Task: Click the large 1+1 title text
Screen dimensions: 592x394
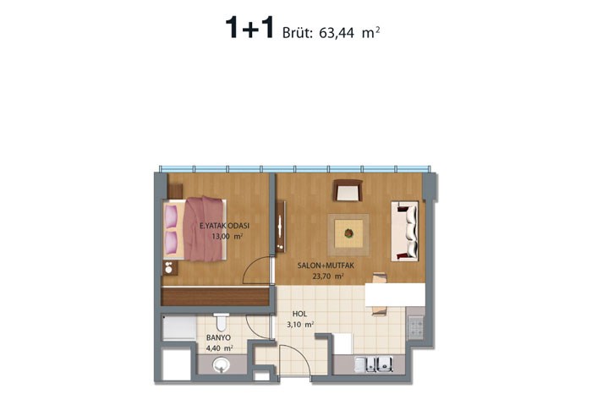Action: pos(249,28)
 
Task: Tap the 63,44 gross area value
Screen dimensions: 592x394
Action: pos(337,33)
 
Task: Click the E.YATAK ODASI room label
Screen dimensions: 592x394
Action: pos(225,226)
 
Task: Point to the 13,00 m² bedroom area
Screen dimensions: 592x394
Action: pos(227,237)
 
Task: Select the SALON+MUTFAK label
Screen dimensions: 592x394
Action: pos(326,265)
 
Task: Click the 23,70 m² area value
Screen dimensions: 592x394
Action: pos(328,276)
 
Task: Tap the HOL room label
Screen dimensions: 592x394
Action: pos(299,314)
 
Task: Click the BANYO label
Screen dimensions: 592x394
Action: pos(218,337)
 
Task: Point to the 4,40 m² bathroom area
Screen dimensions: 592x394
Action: pos(219,347)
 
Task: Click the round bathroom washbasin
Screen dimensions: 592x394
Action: pos(221,365)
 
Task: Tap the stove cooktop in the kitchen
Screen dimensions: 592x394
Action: pos(416,326)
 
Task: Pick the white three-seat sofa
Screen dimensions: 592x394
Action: pos(405,232)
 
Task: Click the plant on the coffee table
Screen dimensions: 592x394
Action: pos(348,233)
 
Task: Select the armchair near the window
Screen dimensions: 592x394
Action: pos(348,190)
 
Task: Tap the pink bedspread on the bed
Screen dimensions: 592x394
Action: pos(203,228)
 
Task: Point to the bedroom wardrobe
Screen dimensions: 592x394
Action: pos(215,296)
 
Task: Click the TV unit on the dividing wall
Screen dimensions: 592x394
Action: pos(281,227)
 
